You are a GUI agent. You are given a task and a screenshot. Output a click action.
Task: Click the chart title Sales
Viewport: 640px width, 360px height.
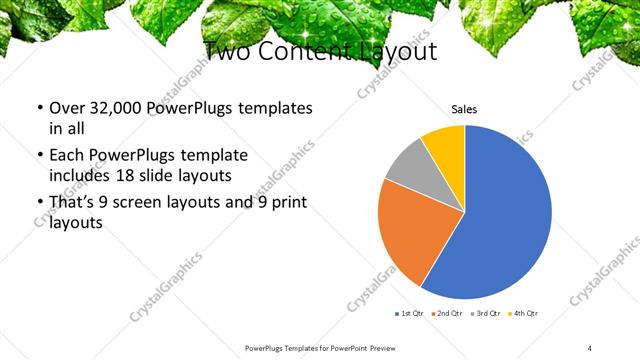pyautogui.click(x=464, y=109)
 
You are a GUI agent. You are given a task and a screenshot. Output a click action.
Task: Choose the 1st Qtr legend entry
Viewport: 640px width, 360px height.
pyautogui.click(x=410, y=314)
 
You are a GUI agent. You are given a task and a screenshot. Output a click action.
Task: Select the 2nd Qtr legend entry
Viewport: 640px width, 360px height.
pyautogui.click(x=447, y=314)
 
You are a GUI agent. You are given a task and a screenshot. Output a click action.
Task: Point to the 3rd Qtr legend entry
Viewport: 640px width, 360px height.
pyautogui.click(x=485, y=314)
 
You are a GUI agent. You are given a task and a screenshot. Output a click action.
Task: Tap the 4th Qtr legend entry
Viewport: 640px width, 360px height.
pyautogui.click(x=523, y=314)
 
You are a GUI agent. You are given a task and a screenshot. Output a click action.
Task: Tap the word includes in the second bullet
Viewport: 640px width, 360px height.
pyautogui.click(x=83, y=174)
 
